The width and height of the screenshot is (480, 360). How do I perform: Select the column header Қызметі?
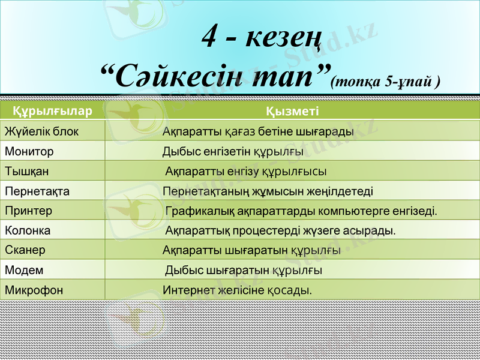[x=292, y=111]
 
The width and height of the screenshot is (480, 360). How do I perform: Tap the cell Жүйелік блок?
[x=41, y=131]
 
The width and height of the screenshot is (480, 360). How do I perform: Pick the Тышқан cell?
[x=27, y=172]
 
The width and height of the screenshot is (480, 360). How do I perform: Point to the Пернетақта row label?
[x=37, y=191]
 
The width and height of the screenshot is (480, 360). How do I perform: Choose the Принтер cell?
[x=29, y=211]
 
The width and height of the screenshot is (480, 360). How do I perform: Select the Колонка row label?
[x=28, y=230]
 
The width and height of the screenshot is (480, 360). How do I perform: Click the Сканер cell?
[x=25, y=250]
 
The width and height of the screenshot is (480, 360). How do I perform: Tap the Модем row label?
[x=24, y=271]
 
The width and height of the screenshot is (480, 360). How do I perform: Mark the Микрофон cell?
[x=34, y=290]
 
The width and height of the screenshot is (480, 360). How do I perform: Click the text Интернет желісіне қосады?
[x=238, y=290]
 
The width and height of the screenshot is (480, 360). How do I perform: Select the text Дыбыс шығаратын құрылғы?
[x=244, y=271]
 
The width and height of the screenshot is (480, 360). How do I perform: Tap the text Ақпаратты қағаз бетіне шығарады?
[x=258, y=131]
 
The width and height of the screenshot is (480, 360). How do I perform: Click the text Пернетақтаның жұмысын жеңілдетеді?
[x=268, y=191]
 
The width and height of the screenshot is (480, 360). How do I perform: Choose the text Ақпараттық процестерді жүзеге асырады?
[x=280, y=230]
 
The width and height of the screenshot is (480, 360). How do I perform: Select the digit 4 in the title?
[x=209, y=38]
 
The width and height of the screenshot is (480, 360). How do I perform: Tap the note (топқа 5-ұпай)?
[x=386, y=82]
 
